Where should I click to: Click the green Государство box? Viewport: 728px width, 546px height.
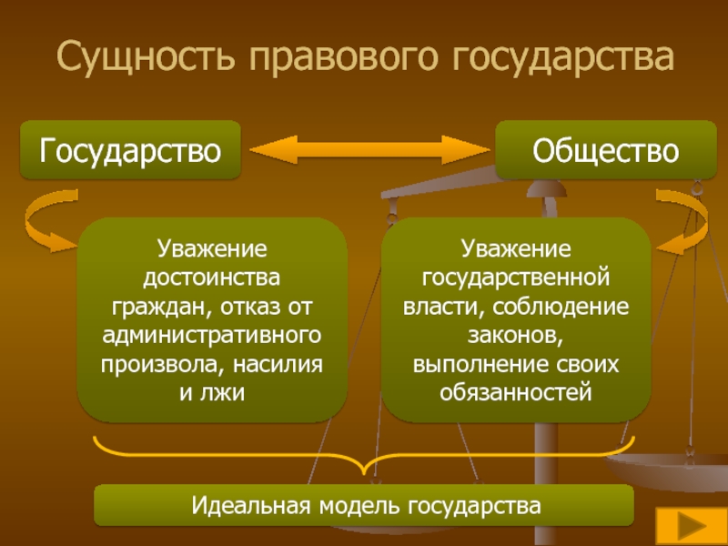click(x=130, y=149)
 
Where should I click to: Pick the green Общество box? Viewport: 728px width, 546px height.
click(x=605, y=149)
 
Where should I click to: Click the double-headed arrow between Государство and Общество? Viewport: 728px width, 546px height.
click(x=369, y=150)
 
